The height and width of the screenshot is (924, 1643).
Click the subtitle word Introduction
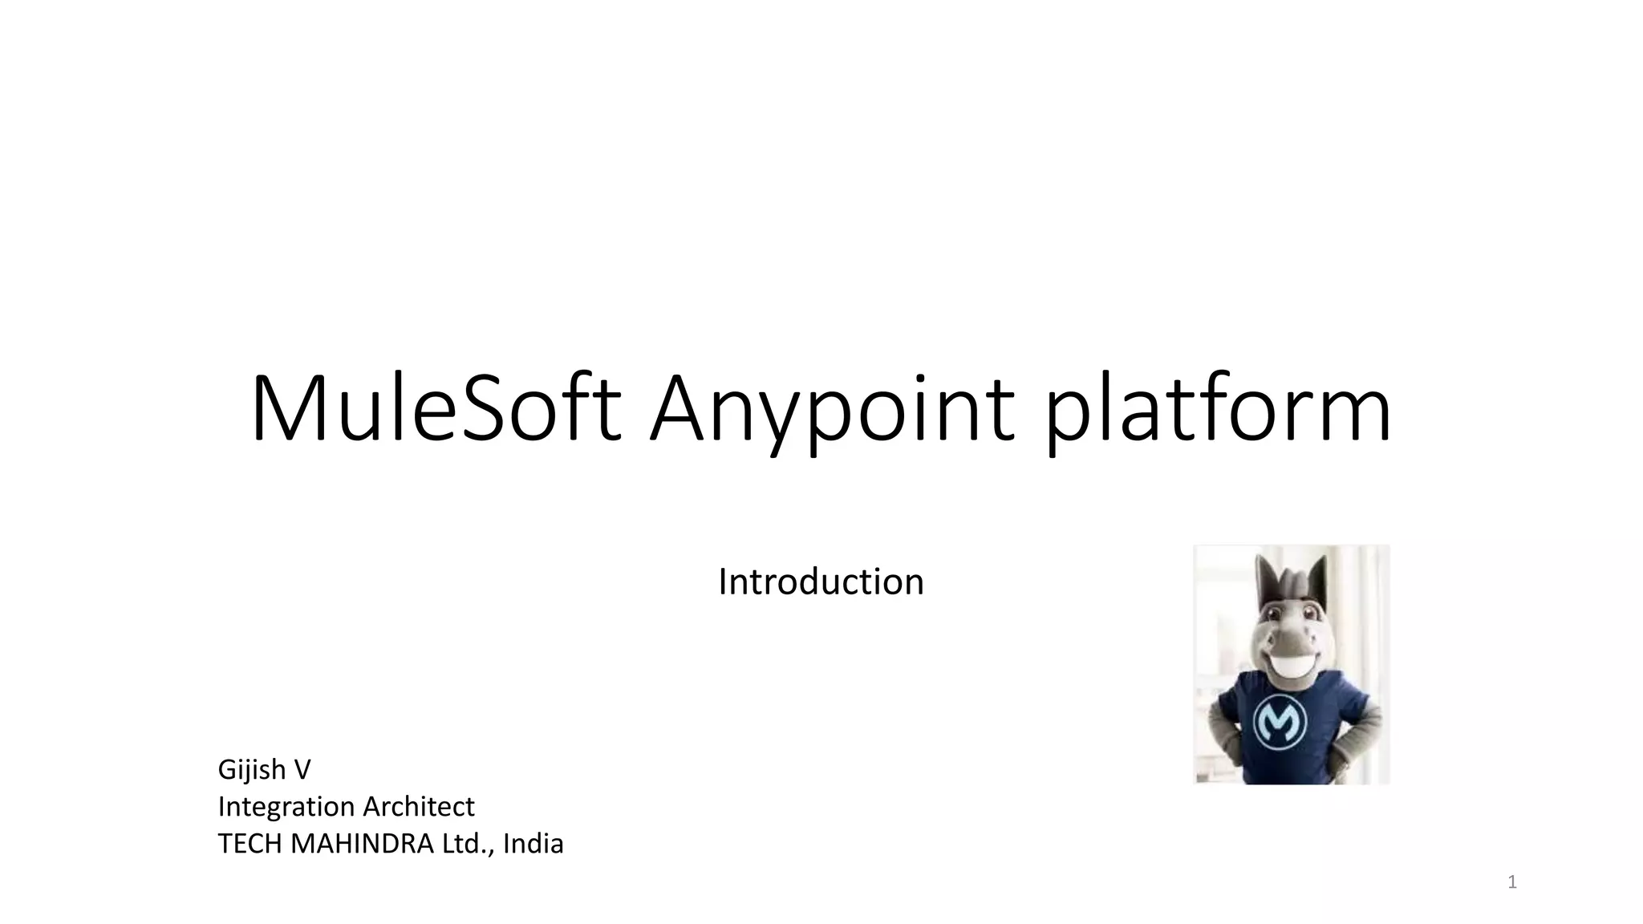821,582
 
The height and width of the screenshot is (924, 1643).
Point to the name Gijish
252,770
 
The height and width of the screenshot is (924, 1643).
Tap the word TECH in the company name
249,844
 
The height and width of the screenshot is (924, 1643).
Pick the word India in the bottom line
533,844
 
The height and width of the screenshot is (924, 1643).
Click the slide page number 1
1512,883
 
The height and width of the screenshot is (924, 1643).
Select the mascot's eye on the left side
1275,614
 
